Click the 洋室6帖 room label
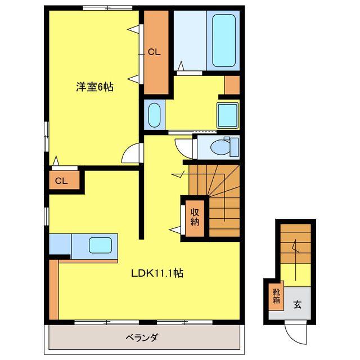click(x=95, y=87)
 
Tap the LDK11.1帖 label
click(x=156, y=274)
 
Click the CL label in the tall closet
click(x=155, y=52)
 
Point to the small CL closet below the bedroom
click(x=62, y=181)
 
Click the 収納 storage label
click(x=195, y=217)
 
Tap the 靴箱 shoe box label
click(x=276, y=296)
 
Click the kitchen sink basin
click(x=100, y=245)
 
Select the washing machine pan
click(x=228, y=115)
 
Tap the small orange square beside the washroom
click(x=232, y=84)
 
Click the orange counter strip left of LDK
click(x=53, y=288)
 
